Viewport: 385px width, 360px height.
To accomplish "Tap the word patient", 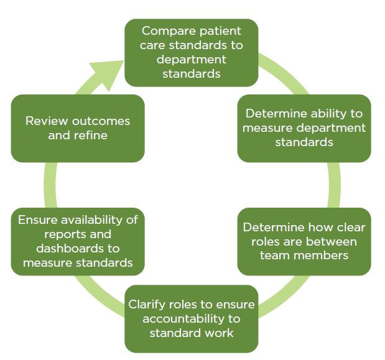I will (x=219, y=30).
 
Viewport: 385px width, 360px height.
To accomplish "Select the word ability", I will (x=328, y=114).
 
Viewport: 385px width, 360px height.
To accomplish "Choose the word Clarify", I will (x=151, y=304).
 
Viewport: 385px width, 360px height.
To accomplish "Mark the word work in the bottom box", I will (x=217, y=333).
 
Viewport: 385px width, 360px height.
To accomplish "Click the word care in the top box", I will (x=155, y=45).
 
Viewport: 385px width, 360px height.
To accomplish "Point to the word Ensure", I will (x=37, y=220).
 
